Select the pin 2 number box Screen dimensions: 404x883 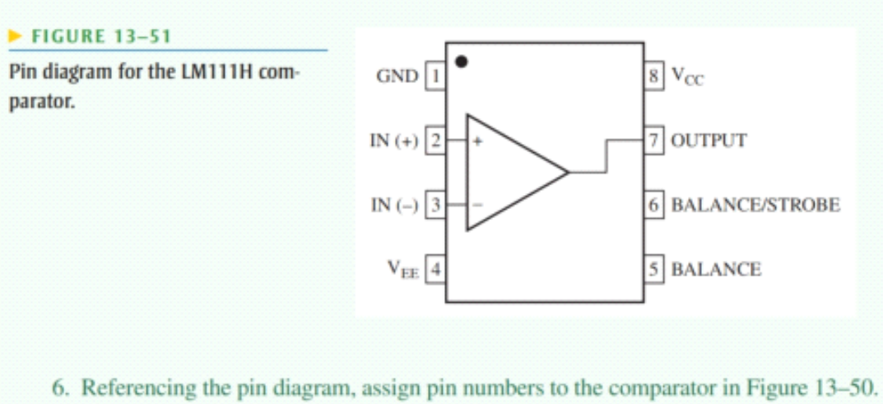click(437, 140)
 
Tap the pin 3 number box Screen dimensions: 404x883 click(437, 204)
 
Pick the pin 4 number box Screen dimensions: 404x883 click(437, 268)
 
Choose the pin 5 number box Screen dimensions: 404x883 click(656, 268)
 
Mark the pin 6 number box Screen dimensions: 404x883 click(656, 204)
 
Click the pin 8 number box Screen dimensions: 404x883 click(656, 77)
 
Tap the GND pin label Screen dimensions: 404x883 click(396, 77)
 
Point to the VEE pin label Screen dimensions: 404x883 click(405, 269)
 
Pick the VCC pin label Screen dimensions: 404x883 click(686, 77)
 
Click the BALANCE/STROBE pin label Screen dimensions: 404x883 click(755, 204)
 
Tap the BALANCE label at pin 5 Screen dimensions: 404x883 click(716, 268)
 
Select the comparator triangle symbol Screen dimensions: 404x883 click(510, 172)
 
